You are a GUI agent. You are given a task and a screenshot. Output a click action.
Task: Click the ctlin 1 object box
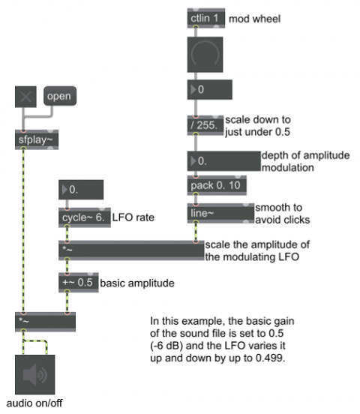206,18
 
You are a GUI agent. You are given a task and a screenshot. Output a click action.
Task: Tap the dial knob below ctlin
205,55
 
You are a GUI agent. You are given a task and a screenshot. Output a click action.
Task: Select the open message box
60,96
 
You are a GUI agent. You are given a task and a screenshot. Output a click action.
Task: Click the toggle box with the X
25,97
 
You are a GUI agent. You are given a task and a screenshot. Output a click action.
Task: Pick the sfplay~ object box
37,139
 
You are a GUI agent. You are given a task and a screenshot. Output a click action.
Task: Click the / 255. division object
205,125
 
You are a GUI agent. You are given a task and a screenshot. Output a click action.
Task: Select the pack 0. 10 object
217,185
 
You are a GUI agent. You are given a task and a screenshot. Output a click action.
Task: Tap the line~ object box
220,213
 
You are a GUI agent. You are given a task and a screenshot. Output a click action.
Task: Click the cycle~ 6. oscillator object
85,217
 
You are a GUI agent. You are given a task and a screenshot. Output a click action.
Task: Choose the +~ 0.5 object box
79,283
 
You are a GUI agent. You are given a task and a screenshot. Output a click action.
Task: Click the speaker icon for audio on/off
34,374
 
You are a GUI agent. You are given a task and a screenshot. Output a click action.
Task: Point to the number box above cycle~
81,190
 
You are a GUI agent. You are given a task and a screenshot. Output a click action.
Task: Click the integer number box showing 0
210,89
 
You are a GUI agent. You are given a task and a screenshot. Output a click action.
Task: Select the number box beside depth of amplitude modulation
224,161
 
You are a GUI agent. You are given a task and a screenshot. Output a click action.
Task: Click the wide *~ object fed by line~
131,250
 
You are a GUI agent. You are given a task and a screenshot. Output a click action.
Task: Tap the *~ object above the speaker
46,322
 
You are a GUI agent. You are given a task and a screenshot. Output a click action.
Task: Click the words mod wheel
254,19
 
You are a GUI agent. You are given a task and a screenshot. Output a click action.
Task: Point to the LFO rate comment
133,217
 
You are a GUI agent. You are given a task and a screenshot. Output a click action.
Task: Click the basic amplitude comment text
137,283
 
